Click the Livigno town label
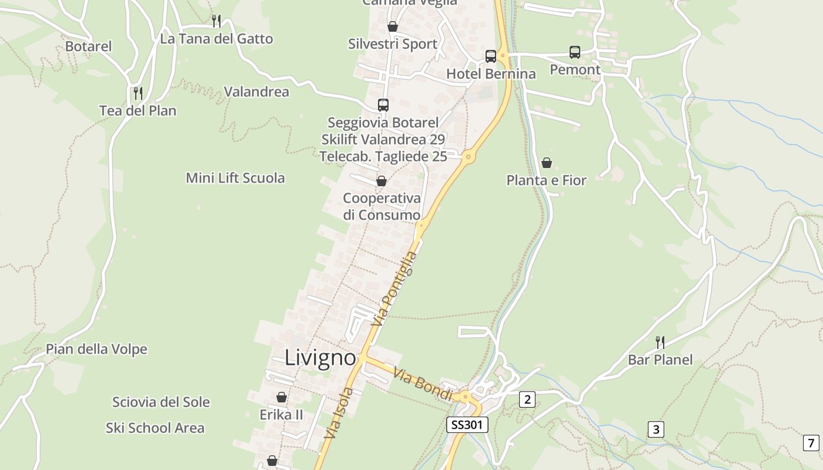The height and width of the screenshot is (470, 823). pos(320,358)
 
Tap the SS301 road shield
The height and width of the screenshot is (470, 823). pos(467,425)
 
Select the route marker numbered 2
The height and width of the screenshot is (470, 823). pos(527,399)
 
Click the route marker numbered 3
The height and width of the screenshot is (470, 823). pos(655,429)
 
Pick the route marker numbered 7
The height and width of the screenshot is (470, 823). pos(811,442)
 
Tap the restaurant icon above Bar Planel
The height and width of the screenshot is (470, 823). pos(660,342)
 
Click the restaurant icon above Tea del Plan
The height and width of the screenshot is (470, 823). pos(138,93)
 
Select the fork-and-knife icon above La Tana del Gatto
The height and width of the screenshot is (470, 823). pos(216,21)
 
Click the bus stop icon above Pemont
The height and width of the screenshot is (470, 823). pos(575,52)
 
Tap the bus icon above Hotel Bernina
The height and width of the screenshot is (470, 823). pos(491,56)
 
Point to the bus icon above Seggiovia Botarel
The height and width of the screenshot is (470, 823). pos(383,105)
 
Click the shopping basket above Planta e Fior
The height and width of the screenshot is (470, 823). pos(547,163)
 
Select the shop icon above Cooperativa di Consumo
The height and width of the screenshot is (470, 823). pos(382,181)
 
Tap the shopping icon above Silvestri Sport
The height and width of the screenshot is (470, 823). pos(393,26)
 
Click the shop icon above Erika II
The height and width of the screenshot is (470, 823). pos(282,398)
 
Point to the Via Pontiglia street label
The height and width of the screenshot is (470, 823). pos(394,289)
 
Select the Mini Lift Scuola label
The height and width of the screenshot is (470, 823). pos(235,178)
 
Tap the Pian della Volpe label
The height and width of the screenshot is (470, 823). pos(96,350)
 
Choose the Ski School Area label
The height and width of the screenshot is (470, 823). pos(155,428)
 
